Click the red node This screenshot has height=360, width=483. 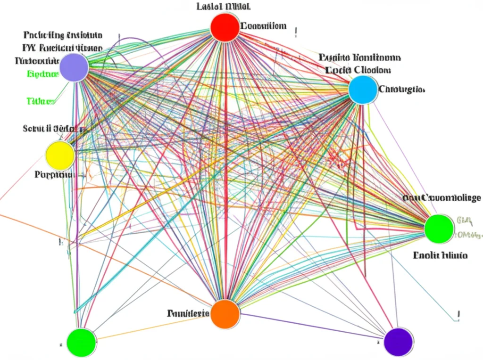[x=225, y=28]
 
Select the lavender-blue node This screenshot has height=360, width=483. [x=74, y=67]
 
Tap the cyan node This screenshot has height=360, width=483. [x=363, y=90]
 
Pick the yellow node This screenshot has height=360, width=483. [x=60, y=155]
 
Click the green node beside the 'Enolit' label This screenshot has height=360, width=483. [x=439, y=229]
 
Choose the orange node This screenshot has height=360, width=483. [x=225, y=314]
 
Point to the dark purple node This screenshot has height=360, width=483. [x=399, y=342]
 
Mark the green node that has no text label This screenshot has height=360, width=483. [x=81, y=343]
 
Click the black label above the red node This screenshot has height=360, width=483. [x=224, y=7]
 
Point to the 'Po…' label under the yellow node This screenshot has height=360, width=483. [x=55, y=174]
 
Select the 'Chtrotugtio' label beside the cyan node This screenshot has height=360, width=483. [x=402, y=89]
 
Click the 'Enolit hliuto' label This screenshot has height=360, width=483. [x=440, y=255]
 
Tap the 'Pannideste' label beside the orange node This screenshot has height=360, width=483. [x=187, y=313]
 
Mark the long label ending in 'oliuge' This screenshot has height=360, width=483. [x=442, y=198]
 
